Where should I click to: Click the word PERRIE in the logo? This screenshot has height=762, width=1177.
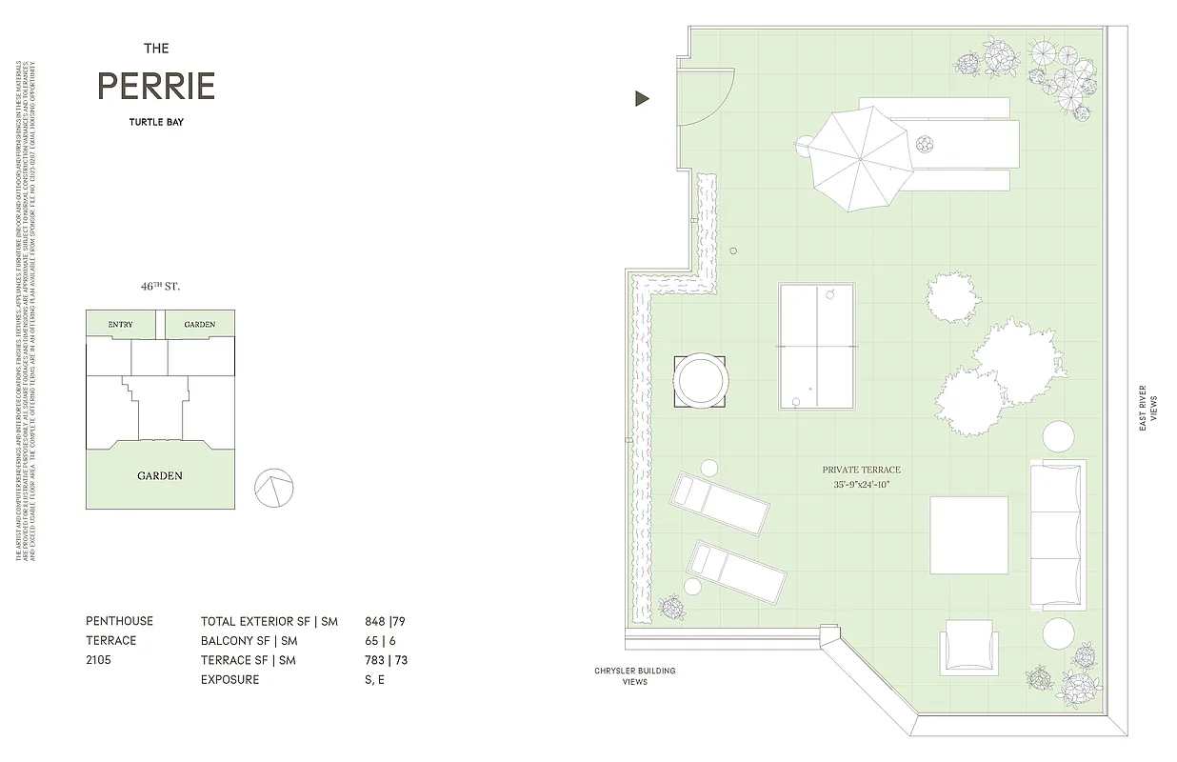click(156, 87)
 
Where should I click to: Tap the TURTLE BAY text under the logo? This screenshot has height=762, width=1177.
click(156, 122)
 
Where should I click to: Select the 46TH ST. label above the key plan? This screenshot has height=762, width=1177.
click(160, 286)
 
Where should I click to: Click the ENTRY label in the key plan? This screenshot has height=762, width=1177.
click(120, 325)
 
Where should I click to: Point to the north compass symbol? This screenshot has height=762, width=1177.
click(271, 488)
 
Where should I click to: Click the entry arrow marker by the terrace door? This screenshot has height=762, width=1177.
click(643, 98)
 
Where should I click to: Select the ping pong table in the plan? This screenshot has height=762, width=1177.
click(816, 346)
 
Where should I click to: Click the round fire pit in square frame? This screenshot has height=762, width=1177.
click(700, 382)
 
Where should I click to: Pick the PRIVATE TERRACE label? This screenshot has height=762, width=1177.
click(861, 470)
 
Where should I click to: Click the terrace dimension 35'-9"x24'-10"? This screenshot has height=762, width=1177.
click(861, 485)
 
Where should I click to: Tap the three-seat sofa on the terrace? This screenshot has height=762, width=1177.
click(1057, 535)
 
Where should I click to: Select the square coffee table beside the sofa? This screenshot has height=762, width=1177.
click(968, 535)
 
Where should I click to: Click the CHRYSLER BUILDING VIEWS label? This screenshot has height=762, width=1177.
click(634, 676)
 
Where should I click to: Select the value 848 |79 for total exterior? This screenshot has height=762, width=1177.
click(385, 621)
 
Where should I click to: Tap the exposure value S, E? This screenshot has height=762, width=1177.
click(375, 680)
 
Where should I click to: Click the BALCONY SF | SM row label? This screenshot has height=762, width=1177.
click(249, 641)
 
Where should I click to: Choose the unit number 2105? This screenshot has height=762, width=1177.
click(99, 659)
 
